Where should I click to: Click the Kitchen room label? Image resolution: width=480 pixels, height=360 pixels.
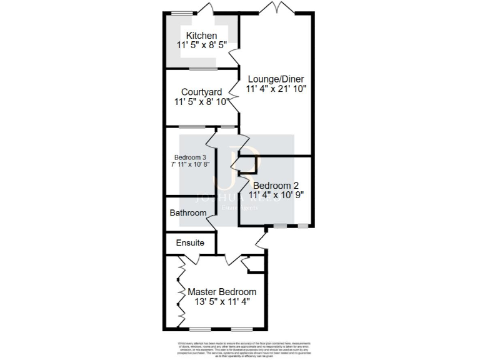pos(202,36)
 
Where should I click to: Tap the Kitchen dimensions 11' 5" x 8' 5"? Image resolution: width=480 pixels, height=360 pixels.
pos(202,46)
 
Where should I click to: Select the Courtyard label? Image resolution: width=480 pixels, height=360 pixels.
pos(201,92)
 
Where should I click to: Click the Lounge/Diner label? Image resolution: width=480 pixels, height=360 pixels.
pos(276,79)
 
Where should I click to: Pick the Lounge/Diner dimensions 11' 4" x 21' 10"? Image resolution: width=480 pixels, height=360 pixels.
pos(277,89)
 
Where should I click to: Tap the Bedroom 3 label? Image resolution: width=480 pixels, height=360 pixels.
pos(190,157)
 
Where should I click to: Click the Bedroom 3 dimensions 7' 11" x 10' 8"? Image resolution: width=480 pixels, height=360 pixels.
pos(190,164)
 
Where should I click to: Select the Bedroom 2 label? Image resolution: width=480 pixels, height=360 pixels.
pos(276,186)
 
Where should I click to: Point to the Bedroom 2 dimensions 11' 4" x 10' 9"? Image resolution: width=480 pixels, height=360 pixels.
pos(276,195)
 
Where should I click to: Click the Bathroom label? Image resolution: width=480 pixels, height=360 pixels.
pos(188,213)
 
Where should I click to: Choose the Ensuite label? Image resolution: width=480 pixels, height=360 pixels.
pos(189,242)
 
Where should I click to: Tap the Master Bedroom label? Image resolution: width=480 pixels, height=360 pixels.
pos(222,292)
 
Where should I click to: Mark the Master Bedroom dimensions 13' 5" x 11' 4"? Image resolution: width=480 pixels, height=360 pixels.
pos(222,302)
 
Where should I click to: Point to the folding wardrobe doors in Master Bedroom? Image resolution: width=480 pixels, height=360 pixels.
pos(181,291)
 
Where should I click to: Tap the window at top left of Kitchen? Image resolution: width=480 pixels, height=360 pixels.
pos(182,13)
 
